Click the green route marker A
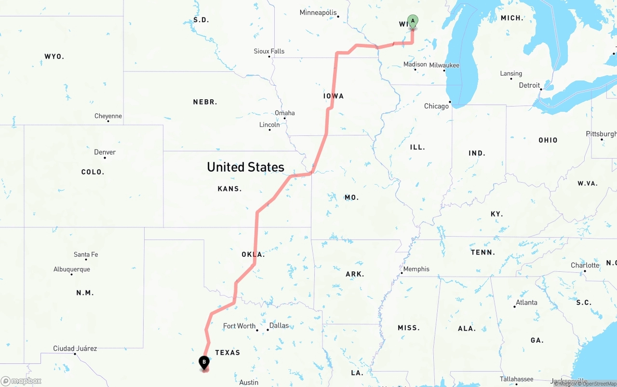click(413, 21)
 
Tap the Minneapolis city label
click(318, 13)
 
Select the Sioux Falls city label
click(269, 51)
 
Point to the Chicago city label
click(436, 106)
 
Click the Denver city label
click(105, 152)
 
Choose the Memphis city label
click(416, 269)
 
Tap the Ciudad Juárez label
click(75, 348)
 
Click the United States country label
click(245, 167)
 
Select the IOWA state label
click(334, 96)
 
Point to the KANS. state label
click(229, 189)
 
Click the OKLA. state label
click(253, 254)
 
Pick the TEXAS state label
click(228, 353)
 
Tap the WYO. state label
click(54, 56)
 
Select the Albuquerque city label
click(71, 269)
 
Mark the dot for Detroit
click(541, 89)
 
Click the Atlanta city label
click(526, 303)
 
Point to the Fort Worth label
click(239, 326)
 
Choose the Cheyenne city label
click(108, 116)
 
